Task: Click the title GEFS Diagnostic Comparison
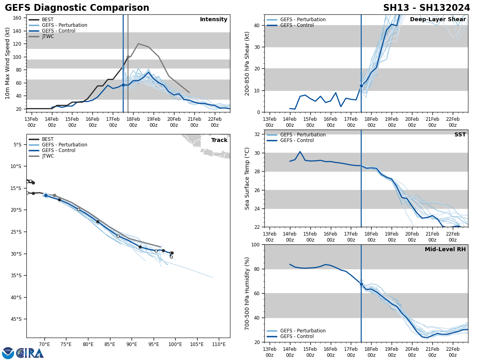pyautogui.click(x=77, y=8)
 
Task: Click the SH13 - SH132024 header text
pyautogui.click(x=426, y=8)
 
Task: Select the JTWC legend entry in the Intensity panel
pyautogui.click(x=48, y=36)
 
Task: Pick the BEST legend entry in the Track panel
pyautogui.click(x=48, y=139)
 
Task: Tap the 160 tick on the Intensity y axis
pyautogui.click(x=17, y=18)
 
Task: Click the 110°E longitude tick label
pyautogui.click(x=218, y=344)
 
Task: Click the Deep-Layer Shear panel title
pyautogui.click(x=438, y=20)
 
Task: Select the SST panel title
pyautogui.click(x=460, y=135)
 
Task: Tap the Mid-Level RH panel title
pyautogui.click(x=445, y=250)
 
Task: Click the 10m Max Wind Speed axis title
pyautogui.click(x=8, y=63)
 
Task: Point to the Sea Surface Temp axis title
pyautogui.click(x=247, y=178)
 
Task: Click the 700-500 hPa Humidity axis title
pyautogui.click(x=247, y=293)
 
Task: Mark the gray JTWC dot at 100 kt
pyautogui.click(x=128, y=57)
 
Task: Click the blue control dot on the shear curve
pyautogui.click(x=361, y=86)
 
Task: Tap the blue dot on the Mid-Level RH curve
pyautogui.click(x=361, y=284)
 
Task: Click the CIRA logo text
pyautogui.click(x=30, y=353)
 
